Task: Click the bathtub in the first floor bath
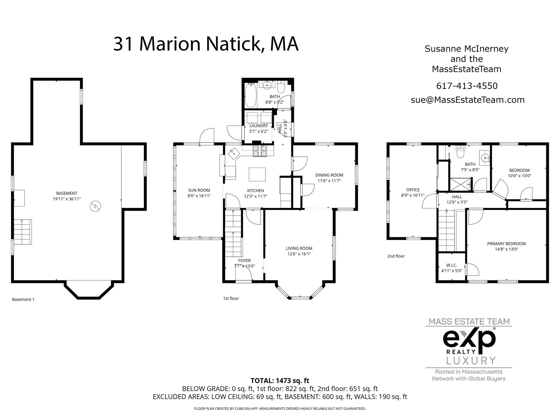250,95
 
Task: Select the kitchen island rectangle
257,174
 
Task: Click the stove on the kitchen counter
260,151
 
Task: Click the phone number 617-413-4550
467,86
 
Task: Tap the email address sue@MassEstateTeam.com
468,100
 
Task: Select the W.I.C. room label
451,265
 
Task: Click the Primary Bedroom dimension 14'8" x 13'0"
506,249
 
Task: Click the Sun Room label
199,190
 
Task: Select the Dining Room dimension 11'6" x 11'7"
329,181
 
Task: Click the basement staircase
22,232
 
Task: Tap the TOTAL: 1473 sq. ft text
280,380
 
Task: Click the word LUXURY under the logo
471,361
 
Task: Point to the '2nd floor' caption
396,256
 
